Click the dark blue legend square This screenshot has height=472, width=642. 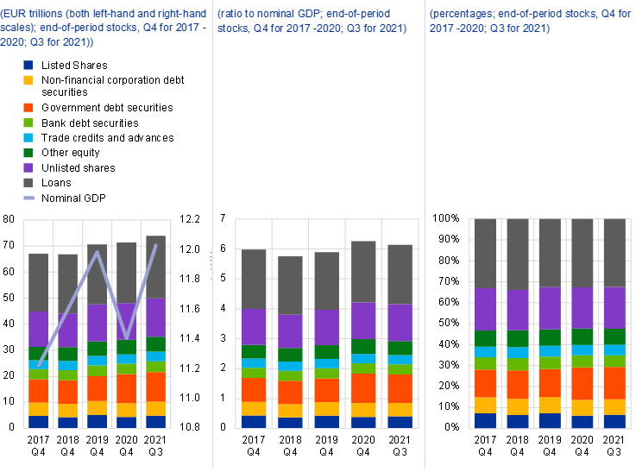28,66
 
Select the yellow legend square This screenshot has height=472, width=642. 28,80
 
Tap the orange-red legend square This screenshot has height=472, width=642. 28,107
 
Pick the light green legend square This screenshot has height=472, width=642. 28,123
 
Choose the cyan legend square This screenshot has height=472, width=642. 28,137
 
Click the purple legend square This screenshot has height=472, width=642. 28,167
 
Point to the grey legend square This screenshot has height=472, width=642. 28,182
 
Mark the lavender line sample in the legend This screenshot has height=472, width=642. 28,198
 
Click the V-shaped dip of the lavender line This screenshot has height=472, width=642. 126,337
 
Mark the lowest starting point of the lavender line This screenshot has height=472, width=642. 39,365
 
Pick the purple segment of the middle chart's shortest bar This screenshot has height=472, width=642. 290,331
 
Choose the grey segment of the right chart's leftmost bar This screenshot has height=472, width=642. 486,253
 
